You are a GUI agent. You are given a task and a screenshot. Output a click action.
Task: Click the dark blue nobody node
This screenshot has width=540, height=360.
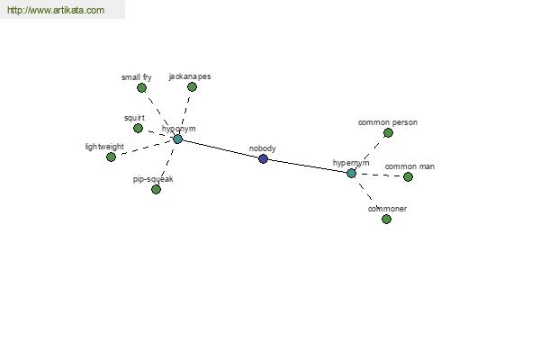pyautogui.click(x=263, y=158)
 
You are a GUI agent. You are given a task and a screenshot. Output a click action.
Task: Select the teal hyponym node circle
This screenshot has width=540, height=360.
pyautogui.click(x=177, y=139)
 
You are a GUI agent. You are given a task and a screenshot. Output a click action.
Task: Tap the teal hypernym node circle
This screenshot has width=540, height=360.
pyautogui.click(x=351, y=174)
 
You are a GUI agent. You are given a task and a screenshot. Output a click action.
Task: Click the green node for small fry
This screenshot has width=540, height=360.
pyautogui.click(x=141, y=88)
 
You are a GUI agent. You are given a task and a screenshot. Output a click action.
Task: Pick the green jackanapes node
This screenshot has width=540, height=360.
pyautogui.click(x=193, y=86)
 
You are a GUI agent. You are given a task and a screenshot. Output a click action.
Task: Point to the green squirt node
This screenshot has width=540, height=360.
pyautogui.click(x=138, y=128)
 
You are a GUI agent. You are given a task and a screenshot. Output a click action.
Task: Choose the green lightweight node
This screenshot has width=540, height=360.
pyautogui.click(x=111, y=157)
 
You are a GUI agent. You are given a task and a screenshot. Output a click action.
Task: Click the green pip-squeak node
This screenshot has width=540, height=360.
pyautogui.click(x=156, y=189)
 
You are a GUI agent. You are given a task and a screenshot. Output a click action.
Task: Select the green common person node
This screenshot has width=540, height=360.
pyautogui.click(x=388, y=132)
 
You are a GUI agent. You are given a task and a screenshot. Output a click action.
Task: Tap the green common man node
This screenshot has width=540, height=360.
pyautogui.click(x=408, y=176)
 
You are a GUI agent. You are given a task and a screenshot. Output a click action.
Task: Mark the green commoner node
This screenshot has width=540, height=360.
pyautogui.click(x=386, y=219)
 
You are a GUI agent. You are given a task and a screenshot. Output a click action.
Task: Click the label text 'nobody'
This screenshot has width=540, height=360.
pyautogui.click(x=263, y=148)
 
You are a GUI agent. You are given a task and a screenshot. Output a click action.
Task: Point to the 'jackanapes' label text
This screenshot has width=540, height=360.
pyautogui.click(x=190, y=76)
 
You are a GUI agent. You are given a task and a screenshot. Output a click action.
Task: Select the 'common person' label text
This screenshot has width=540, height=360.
pyautogui.click(x=388, y=122)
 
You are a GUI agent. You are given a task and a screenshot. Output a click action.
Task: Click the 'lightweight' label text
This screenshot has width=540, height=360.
pyautogui.click(x=104, y=147)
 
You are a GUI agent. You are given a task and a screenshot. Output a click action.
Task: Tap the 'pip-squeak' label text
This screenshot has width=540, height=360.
pyautogui.click(x=153, y=179)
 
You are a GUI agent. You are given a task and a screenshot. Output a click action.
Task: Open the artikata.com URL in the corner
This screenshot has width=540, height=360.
pyautogui.click(x=56, y=10)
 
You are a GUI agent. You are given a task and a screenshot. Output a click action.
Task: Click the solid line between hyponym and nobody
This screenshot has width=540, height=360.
pyautogui.click(x=220, y=149)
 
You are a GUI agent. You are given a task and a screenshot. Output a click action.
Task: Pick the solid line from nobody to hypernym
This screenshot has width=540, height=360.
pyautogui.click(x=307, y=166)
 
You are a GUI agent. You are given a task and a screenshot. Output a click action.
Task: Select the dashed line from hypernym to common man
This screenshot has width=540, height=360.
pyautogui.click(x=380, y=175)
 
